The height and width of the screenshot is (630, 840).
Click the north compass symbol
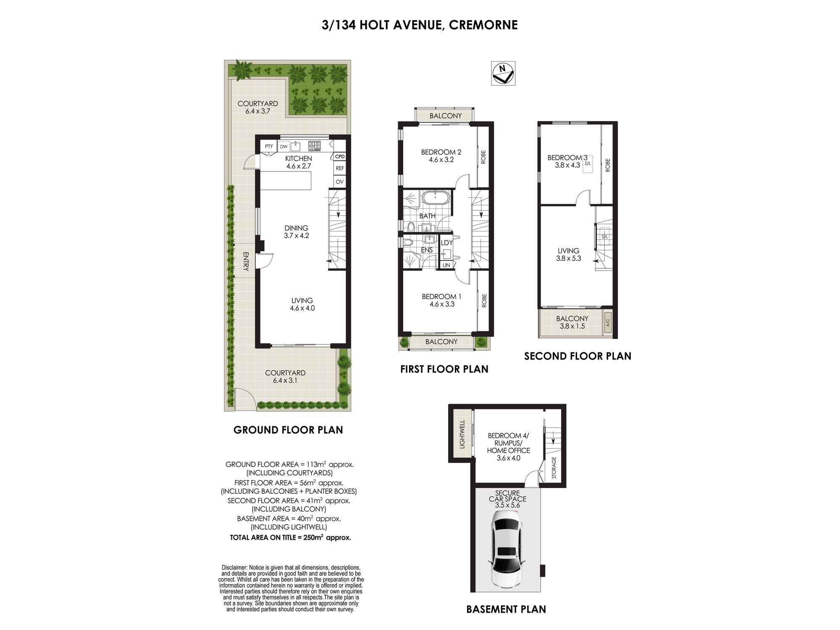point(503,73)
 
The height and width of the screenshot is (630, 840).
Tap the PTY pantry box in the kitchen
point(269,147)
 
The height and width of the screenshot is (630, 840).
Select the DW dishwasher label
point(284,147)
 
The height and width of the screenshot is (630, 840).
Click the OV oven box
point(340,181)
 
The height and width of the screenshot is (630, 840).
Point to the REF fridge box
point(340,168)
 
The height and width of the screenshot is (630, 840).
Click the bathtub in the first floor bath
point(436,197)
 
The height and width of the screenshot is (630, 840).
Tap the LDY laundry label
point(447,243)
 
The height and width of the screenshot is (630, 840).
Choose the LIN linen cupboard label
point(446,265)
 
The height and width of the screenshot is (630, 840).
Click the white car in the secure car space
point(507,552)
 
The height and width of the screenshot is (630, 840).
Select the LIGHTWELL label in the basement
point(462,434)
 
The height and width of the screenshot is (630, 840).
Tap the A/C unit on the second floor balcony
point(607,323)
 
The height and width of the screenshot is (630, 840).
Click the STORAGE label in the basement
point(554,467)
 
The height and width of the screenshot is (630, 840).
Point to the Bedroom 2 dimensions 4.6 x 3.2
point(441,160)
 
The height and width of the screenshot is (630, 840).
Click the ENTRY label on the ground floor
point(246,261)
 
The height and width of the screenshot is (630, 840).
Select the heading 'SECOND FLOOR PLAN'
point(577,356)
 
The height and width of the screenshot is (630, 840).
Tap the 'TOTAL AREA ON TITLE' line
point(290,537)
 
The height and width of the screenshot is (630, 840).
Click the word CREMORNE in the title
point(483,25)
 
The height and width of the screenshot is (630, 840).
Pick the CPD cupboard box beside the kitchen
point(340,157)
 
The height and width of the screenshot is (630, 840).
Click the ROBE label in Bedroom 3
point(607,165)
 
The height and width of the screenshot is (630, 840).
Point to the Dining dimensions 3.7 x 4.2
point(296,236)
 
